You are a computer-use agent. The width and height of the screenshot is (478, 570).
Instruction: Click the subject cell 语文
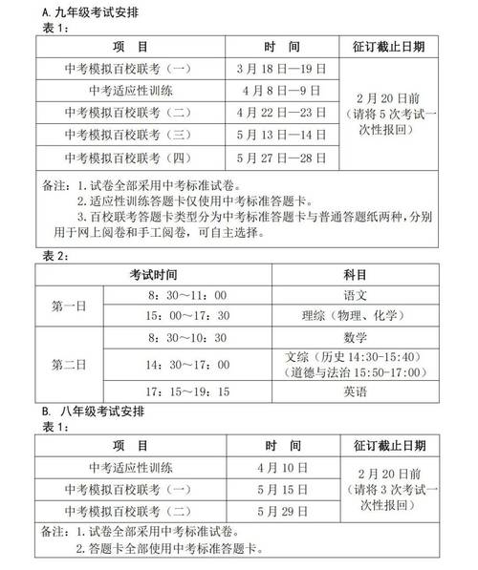tap(354, 294)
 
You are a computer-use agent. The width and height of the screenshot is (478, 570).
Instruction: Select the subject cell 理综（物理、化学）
tap(354, 316)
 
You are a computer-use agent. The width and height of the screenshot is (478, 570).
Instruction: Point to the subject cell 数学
tap(354, 337)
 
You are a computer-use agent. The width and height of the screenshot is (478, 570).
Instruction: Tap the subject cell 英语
tap(354, 392)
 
